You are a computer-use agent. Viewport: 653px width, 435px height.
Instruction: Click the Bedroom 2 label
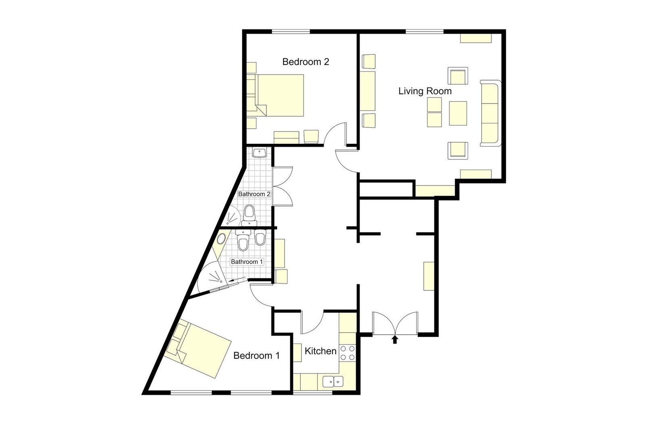click(306, 62)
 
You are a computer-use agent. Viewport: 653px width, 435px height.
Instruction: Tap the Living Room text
click(425, 91)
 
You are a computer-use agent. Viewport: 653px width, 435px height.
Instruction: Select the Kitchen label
click(320, 351)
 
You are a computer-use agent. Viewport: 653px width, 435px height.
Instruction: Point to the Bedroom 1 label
click(256, 356)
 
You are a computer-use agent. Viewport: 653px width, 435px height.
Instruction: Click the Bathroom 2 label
click(254, 194)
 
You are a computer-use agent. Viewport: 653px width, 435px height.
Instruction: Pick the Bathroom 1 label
click(247, 262)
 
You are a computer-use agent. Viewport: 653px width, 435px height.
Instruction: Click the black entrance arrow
click(395, 340)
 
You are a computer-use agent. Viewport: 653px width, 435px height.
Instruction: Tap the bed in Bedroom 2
click(281, 95)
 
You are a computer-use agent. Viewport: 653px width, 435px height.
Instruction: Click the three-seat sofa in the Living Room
click(490, 113)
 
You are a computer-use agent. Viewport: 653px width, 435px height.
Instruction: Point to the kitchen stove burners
click(347, 353)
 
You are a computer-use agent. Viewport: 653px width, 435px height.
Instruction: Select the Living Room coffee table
click(458, 114)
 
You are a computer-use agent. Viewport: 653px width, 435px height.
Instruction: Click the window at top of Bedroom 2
click(290, 31)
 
